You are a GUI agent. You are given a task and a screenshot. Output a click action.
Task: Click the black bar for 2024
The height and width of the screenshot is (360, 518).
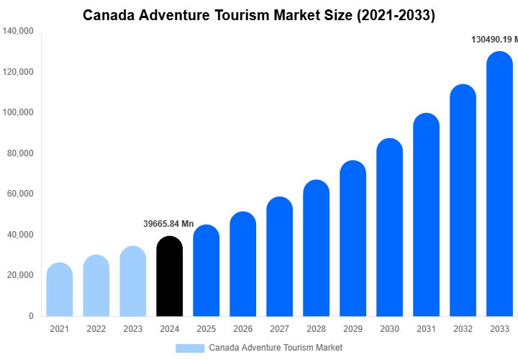click(170, 276)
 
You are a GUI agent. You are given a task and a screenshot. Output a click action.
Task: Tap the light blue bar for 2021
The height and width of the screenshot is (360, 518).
click(60, 289)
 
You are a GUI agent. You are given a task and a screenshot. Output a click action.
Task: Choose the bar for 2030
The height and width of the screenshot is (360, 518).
click(390, 228)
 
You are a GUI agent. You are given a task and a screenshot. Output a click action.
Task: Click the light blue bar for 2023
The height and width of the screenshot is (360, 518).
click(133, 282)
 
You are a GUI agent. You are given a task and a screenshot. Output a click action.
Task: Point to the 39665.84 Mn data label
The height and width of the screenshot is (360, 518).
click(168, 224)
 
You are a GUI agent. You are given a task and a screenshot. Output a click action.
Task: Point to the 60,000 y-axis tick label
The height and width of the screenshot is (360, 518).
click(20, 194)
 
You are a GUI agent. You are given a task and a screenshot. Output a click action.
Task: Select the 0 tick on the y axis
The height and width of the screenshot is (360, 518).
click(29, 316)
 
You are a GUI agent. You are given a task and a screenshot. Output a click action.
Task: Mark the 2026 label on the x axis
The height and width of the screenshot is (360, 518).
click(243, 329)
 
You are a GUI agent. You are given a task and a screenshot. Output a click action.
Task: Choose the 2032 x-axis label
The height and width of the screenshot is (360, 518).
click(463, 329)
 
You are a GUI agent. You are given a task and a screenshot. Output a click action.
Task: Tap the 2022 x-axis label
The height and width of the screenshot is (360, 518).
click(96, 329)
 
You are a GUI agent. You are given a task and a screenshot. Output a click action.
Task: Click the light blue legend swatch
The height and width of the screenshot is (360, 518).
click(190, 348)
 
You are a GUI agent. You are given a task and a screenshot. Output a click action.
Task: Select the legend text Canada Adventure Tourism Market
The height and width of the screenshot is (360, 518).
click(276, 348)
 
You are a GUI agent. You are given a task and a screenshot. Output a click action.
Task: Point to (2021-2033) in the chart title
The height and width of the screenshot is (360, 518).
click(396, 14)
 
